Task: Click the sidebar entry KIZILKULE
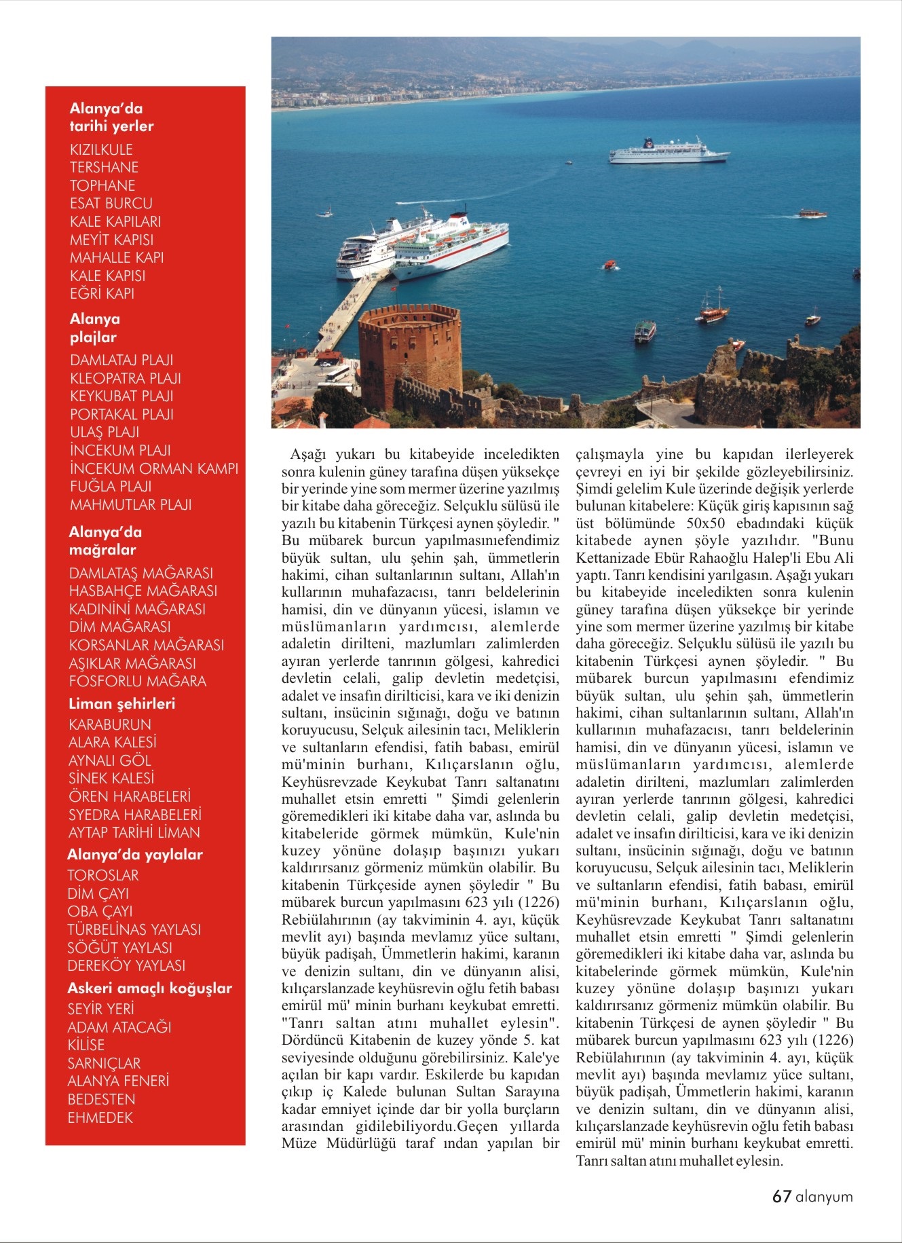101,149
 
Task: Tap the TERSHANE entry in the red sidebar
104,167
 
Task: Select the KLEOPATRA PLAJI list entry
126,378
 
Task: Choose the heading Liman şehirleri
121,703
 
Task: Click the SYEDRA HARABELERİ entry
134,814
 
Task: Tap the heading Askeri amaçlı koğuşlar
149,988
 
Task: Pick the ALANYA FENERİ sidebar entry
118,1080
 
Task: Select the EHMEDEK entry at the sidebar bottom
100,1117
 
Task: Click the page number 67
781,1196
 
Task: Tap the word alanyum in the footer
824,1197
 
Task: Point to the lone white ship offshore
668,152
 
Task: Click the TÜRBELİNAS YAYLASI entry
134,929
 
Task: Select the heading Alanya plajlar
94,328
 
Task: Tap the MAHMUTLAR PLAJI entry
130,504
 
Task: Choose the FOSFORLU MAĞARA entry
137,681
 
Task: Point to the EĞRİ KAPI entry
102,293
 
